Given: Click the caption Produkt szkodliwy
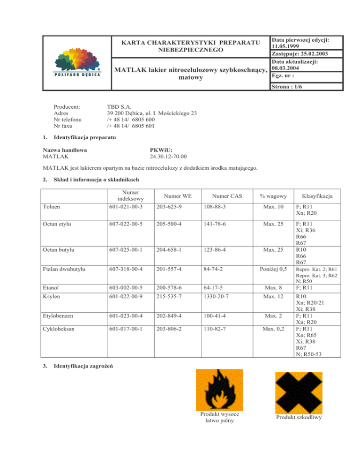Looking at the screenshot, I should pyautogui.click(x=298, y=417).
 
